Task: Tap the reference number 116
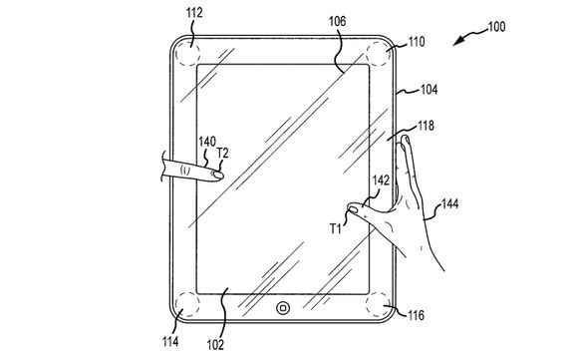coord(416,316)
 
